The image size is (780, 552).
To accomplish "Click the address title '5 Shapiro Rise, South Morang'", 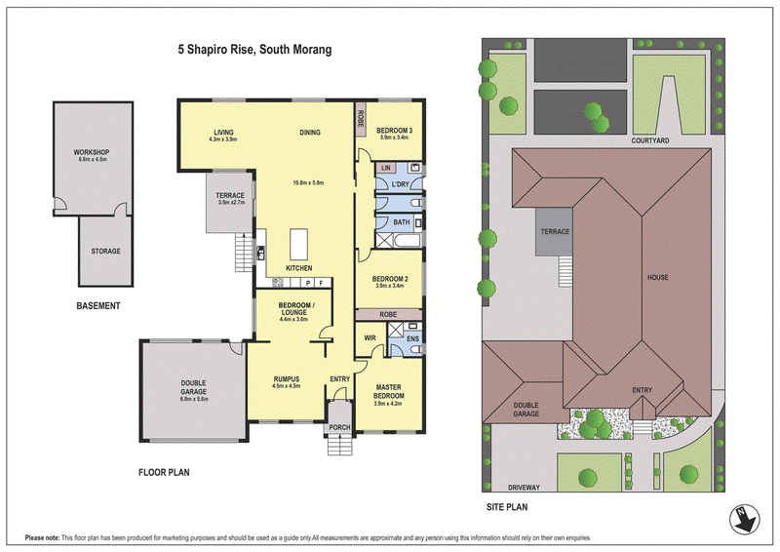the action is pyautogui.click(x=254, y=50).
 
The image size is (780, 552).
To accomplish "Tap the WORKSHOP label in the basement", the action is pyautogui.click(x=92, y=152).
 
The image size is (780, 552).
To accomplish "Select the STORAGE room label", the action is pyautogui.click(x=105, y=252).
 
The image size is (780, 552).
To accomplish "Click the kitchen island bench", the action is pyautogui.click(x=298, y=244).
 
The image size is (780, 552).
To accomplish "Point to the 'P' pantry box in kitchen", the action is pyautogui.click(x=308, y=283).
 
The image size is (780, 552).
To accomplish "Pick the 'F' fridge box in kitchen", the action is pyautogui.click(x=322, y=283).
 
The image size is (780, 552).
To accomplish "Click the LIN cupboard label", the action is pyautogui.click(x=386, y=169).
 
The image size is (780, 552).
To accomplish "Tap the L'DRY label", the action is pyautogui.click(x=400, y=184).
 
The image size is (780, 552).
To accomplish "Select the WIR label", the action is pyautogui.click(x=370, y=338).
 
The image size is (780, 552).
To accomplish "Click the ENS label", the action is pyautogui.click(x=412, y=339).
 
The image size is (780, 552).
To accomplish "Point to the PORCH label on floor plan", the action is pyautogui.click(x=339, y=427).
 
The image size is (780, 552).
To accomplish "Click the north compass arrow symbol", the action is pyautogui.click(x=745, y=519).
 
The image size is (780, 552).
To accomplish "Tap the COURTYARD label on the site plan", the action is pyautogui.click(x=650, y=140).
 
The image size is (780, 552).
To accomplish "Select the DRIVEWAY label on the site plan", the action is pyautogui.click(x=524, y=488).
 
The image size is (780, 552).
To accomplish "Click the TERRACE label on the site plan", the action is pyautogui.click(x=555, y=231).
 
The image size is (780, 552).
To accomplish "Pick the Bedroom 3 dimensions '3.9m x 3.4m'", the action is pyautogui.click(x=394, y=138).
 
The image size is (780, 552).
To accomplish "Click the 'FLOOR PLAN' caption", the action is pyautogui.click(x=164, y=472).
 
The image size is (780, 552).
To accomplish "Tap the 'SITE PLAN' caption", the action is pyautogui.click(x=507, y=507).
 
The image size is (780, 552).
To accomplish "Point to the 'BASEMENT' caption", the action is pyautogui.click(x=98, y=306).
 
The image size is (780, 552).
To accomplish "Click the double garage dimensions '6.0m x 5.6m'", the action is pyautogui.click(x=194, y=399).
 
